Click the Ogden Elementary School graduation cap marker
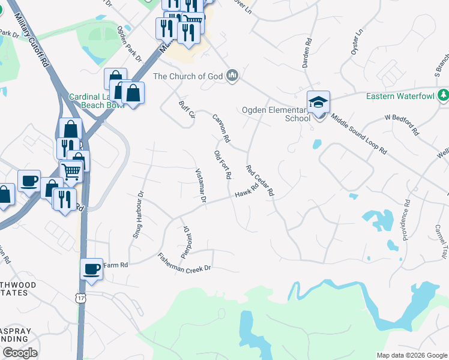318,102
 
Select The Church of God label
188,76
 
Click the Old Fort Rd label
223,165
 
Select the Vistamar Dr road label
200,185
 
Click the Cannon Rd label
221,128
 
